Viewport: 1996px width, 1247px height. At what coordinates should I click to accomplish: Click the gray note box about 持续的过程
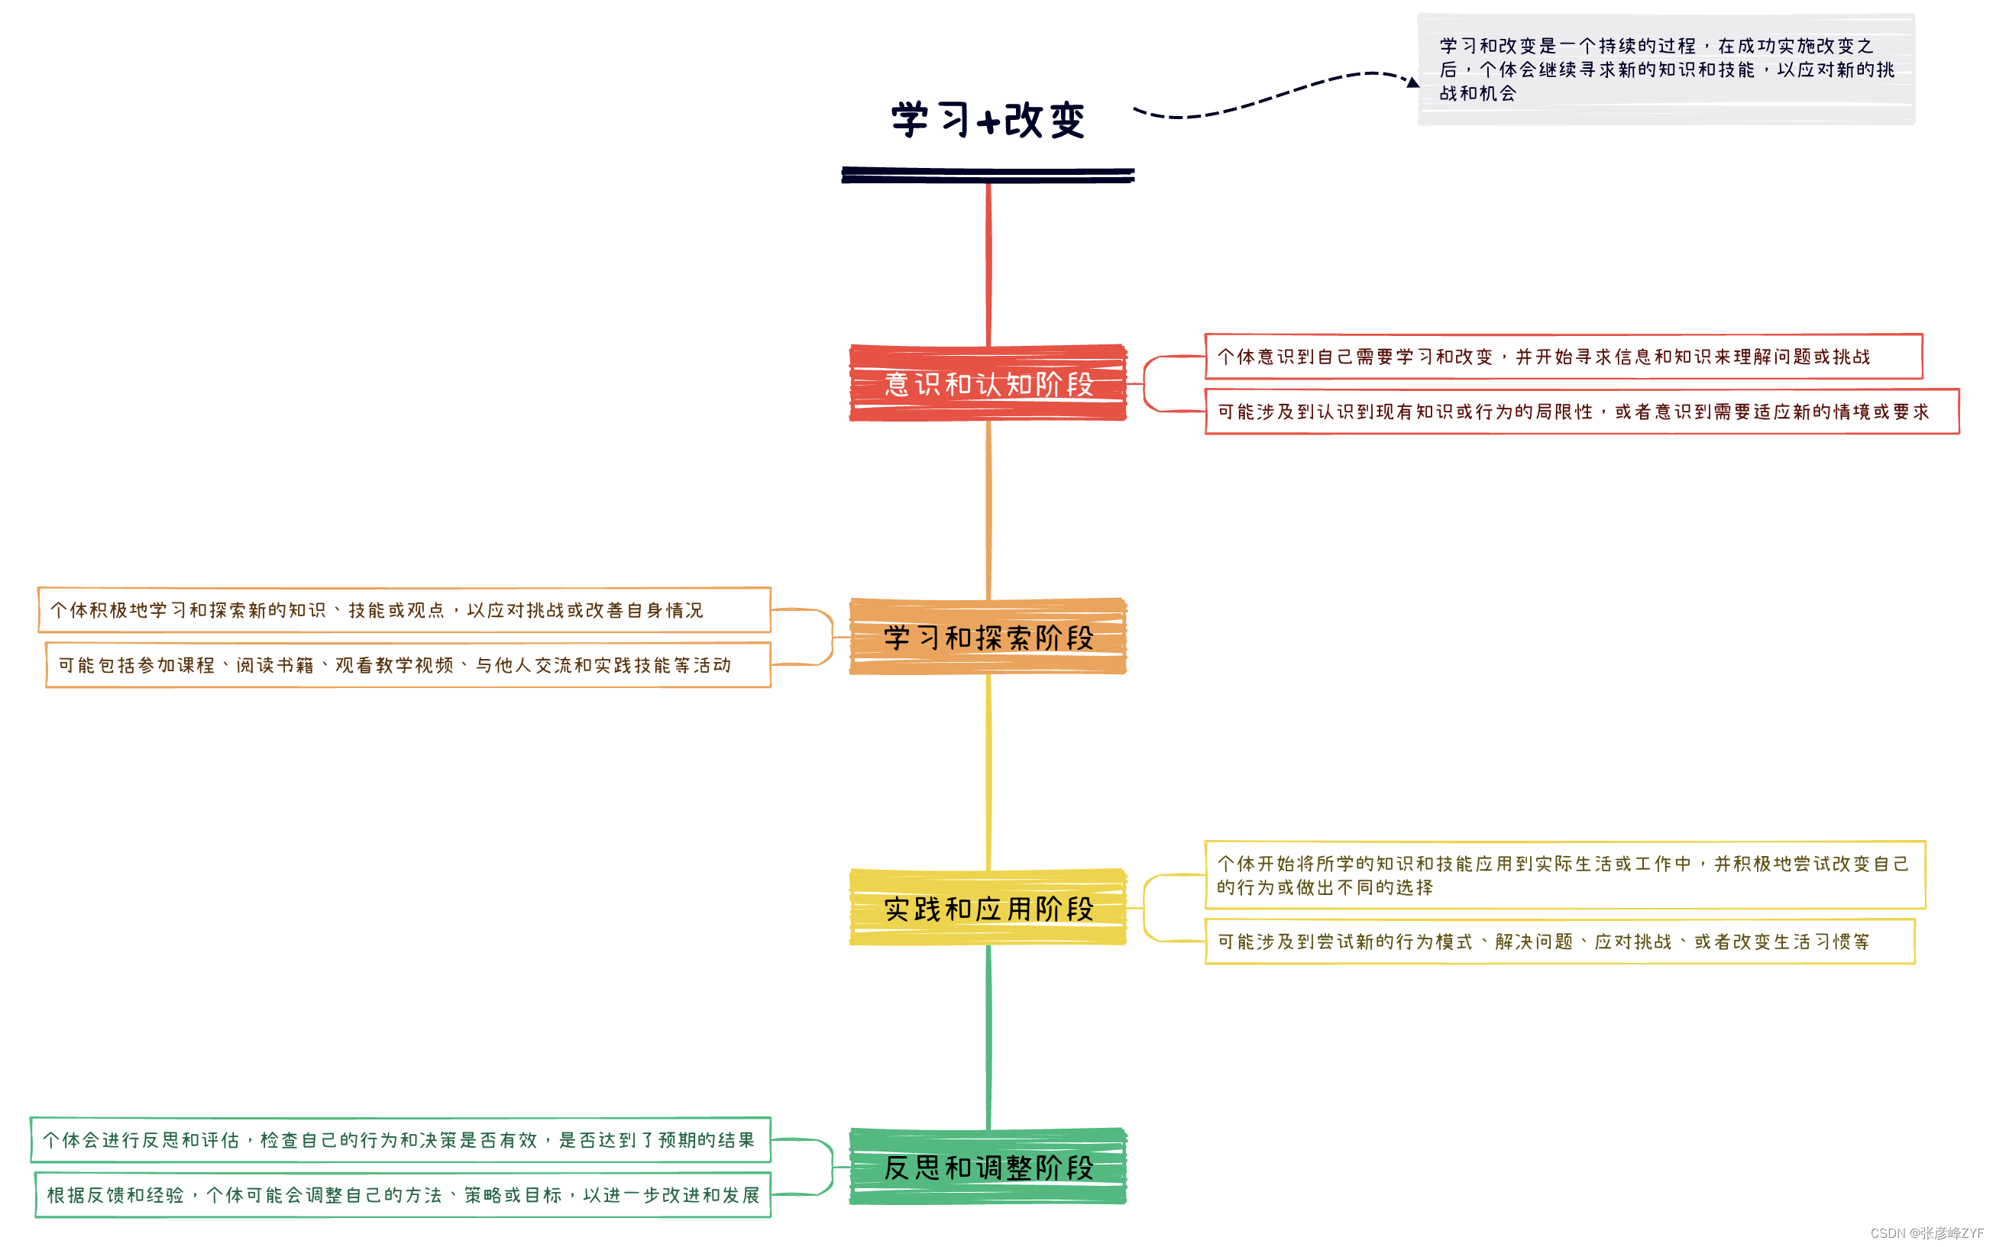coord(1665,70)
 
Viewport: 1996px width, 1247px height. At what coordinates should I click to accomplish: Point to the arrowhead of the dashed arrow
coord(1413,82)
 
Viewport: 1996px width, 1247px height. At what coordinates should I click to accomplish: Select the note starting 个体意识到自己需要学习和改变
coord(1563,357)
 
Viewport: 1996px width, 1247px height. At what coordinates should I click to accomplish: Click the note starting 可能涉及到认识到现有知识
coord(1581,412)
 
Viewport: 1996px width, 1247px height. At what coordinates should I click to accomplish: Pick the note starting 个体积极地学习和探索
coord(404,610)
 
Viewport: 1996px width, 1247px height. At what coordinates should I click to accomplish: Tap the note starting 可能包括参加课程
coord(408,665)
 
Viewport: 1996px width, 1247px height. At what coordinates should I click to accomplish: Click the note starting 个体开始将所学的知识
coord(1564,875)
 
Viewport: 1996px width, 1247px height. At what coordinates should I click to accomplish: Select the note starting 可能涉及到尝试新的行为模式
coord(1559,941)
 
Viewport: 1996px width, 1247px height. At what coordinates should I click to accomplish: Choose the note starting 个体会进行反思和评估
coord(401,1140)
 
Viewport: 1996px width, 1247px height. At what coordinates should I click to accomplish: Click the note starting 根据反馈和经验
coord(403,1194)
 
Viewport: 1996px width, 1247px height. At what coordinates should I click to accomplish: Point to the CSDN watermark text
coord(1926,1233)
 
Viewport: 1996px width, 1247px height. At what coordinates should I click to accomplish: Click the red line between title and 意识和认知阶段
coord(988,264)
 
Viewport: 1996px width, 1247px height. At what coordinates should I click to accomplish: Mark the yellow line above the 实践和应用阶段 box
coord(988,771)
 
